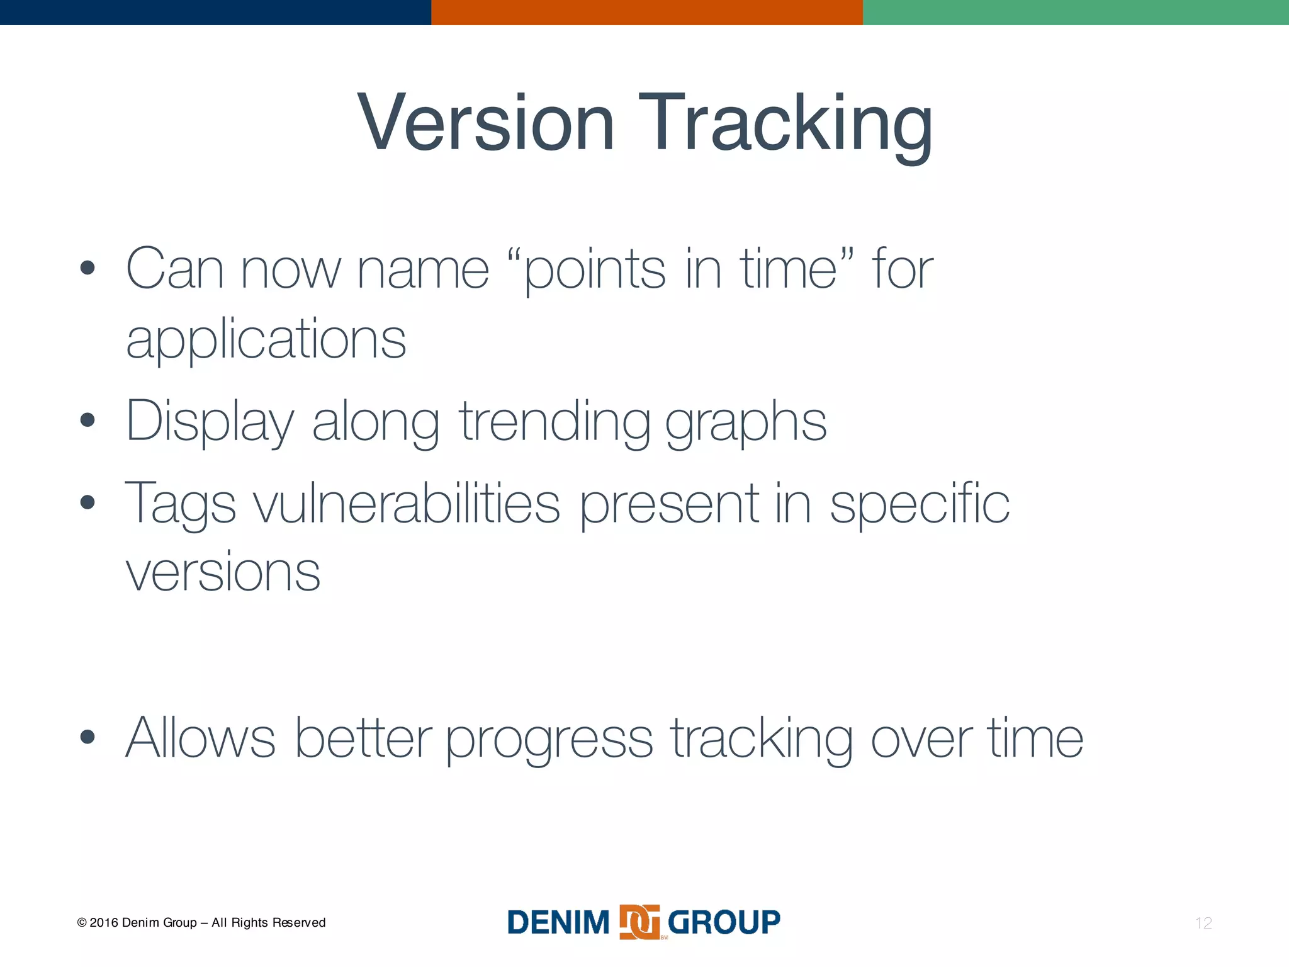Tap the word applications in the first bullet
pos(266,339)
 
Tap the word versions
pos(223,572)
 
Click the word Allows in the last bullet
pos(200,737)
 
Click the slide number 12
pos(1203,923)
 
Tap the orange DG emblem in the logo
pos(639,922)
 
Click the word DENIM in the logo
pos(558,923)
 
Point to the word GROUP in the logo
pos(724,923)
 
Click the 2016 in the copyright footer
pos(104,923)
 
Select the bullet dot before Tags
pos(87,502)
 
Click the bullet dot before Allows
pos(87,737)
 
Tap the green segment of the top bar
pos(1076,12)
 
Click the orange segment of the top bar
pos(646,12)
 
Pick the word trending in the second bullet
pos(554,421)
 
